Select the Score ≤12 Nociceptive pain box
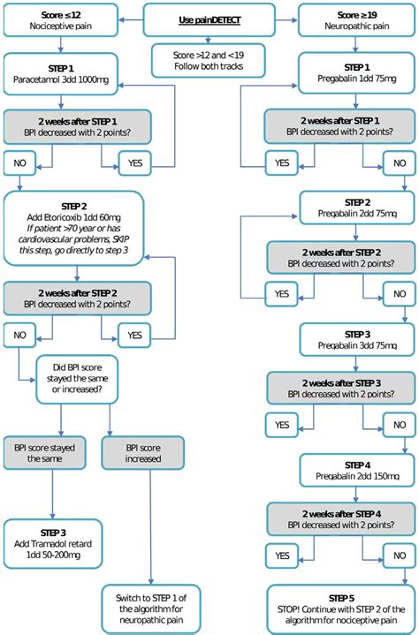(52, 19)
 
